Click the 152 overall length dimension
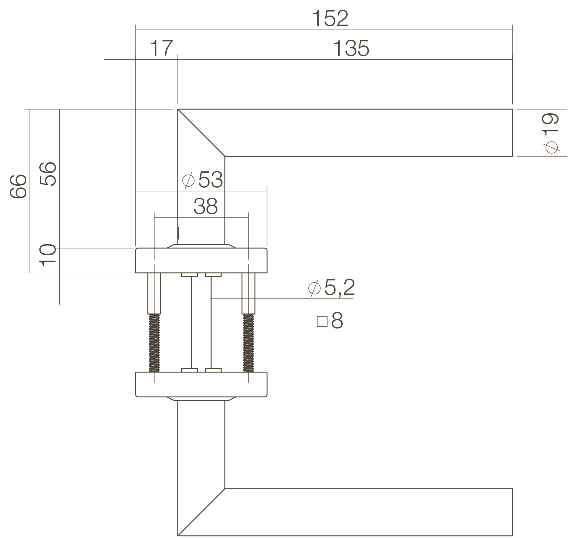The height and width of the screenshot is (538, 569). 330,18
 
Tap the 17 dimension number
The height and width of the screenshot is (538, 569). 161,48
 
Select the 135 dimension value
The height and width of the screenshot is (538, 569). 351,48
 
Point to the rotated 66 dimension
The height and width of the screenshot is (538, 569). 18,186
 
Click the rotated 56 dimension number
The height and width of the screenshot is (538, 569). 48,174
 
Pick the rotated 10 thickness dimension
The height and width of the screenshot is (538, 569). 48,255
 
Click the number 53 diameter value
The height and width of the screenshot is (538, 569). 210,180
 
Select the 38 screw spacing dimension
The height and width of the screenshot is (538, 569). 205,206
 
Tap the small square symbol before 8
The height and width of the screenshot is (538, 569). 322,322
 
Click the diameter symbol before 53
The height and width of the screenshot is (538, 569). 188,181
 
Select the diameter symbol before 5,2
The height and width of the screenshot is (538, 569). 314,288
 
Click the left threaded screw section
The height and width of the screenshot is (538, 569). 154,342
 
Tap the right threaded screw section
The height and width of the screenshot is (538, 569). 248,342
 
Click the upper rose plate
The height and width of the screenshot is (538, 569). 201,260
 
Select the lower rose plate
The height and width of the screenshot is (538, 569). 201,384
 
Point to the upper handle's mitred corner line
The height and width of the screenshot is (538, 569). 201,133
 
